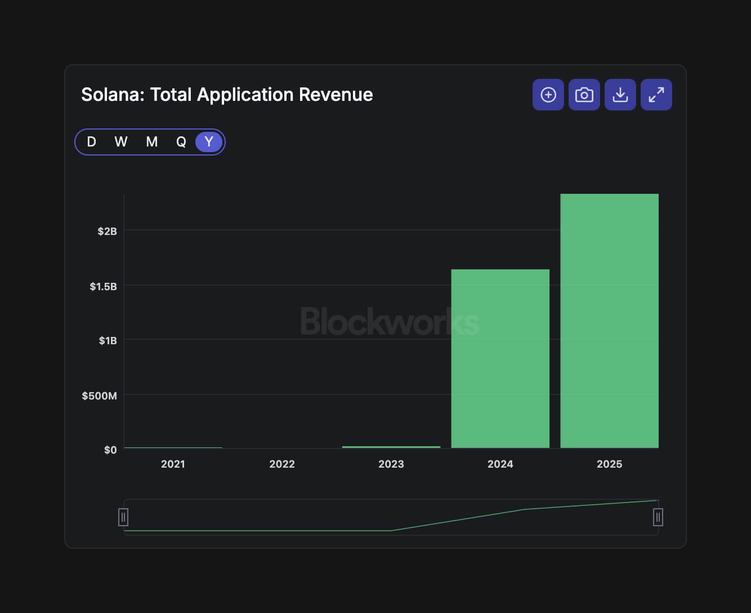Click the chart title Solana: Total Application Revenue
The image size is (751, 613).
tap(227, 95)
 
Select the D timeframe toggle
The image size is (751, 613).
tap(91, 142)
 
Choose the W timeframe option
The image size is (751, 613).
tap(121, 142)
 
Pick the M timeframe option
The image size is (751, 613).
tap(151, 142)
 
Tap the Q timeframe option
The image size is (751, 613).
tap(181, 142)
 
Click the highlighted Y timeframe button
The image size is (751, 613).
tap(209, 142)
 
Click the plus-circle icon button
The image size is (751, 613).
tap(548, 95)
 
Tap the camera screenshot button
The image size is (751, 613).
tap(584, 95)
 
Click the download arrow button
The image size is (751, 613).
tap(620, 95)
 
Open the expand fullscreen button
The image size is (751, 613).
tap(656, 95)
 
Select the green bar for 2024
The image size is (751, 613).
tap(500, 358)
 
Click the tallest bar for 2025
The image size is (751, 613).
tap(609, 321)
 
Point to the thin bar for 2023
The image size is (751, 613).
tap(391, 447)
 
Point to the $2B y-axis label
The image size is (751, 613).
tap(107, 231)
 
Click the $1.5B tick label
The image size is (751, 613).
tap(103, 286)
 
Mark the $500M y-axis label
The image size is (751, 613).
tap(99, 396)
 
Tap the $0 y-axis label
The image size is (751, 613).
tap(110, 450)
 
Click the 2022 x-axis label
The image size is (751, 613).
tap(281, 464)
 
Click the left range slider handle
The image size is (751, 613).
tap(123, 517)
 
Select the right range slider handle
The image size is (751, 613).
tap(658, 517)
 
